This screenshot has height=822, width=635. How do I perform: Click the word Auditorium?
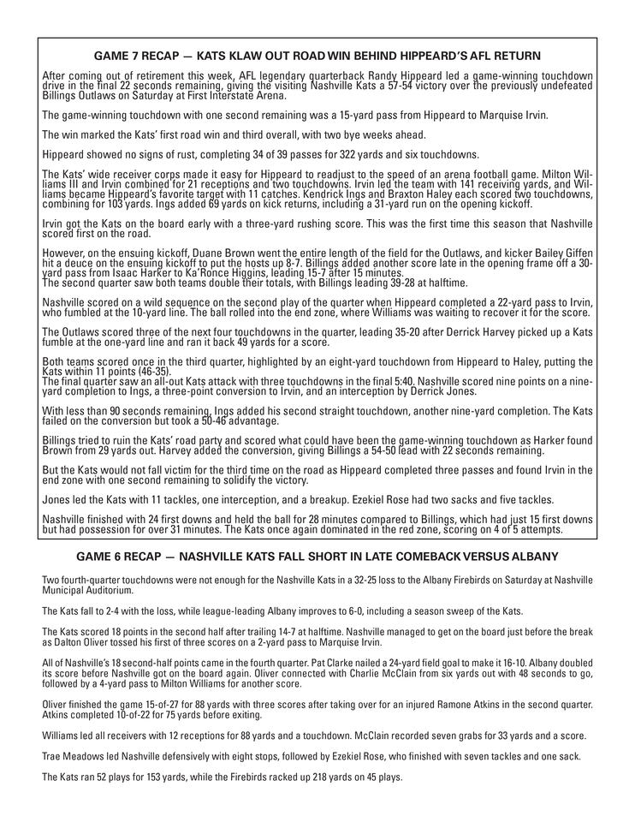[108, 591]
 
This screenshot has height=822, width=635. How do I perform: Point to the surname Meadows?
[78, 756]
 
